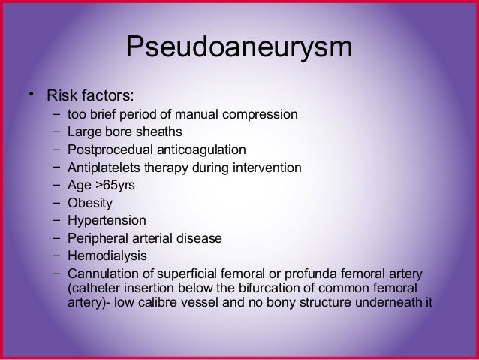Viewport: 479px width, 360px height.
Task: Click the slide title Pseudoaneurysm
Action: (x=239, y=47)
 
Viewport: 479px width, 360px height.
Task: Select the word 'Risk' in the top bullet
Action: (x=62, y=96)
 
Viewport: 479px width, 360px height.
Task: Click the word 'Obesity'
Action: (x=89, y=203)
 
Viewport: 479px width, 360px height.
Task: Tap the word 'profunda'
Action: (x=321, y=273)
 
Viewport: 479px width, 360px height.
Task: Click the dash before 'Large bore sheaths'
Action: (x=57, y=133)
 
